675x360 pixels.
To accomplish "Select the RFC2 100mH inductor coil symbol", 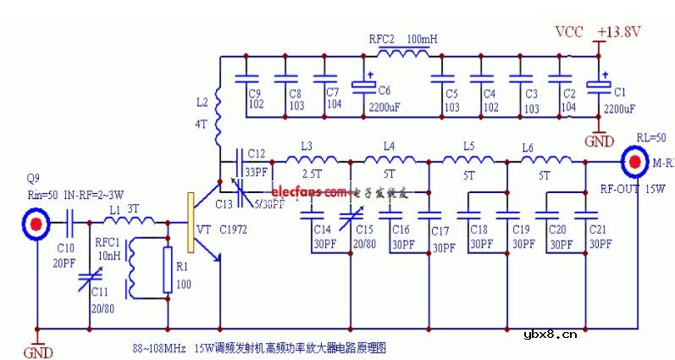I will (404, 56).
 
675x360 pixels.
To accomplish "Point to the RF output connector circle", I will (635, 161).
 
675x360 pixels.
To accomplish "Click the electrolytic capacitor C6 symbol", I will (364, 86).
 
